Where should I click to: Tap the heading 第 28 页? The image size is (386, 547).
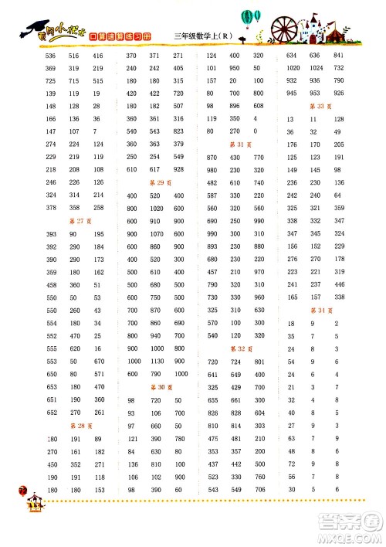pos(76,425)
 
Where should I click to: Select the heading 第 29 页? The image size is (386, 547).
pos(157,182)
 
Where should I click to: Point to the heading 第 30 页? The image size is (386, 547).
pos(157,387)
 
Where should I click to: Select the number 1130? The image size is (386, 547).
pos(157,362)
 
